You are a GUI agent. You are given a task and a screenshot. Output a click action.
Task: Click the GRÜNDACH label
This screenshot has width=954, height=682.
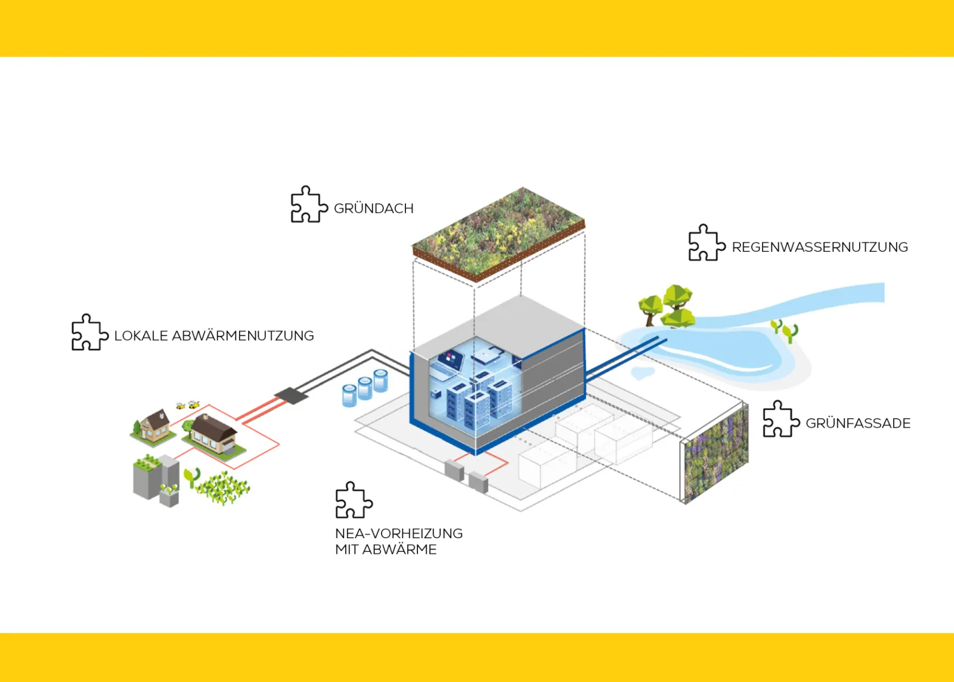(x=373, y=209)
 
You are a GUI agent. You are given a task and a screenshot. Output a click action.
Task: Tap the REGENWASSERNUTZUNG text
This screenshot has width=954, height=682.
(x=819, y=247)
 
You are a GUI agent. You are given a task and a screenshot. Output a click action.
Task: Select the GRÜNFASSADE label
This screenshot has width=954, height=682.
(x=857, y=424)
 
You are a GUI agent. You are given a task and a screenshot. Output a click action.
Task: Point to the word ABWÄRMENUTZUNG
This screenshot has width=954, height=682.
(x=243, y=336)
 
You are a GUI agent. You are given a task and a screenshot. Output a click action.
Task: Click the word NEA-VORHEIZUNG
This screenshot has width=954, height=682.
(x=398, y=533)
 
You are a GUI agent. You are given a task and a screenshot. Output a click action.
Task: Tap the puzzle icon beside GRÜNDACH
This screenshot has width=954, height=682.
(x=308, y=205)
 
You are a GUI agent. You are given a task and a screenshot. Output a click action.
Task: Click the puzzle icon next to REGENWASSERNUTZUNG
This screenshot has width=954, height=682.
(x=706, y=243)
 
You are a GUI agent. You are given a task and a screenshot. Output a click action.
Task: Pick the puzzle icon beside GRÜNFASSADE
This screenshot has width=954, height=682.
(x=780, y=419)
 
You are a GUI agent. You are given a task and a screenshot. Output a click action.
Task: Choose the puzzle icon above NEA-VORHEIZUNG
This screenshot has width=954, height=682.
(x=354, y=500)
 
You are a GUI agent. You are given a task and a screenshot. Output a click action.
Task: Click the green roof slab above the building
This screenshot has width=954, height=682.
(x=498, y=233)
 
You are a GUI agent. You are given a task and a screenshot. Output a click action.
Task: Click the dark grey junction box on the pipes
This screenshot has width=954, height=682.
(x=291, y=394)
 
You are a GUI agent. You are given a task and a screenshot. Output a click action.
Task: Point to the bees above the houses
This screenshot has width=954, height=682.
(x=187, y=405)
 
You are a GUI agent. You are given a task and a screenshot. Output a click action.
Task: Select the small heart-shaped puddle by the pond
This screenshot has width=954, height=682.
(x=642, y=374)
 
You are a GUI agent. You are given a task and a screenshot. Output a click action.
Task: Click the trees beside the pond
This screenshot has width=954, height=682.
(x=668, y=305)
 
